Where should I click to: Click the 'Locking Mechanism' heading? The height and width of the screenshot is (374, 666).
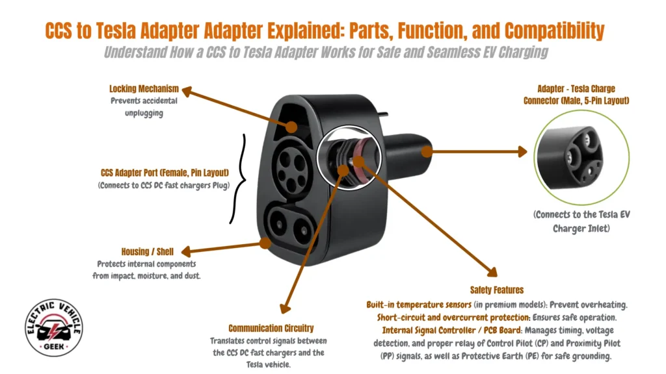click(143, 89)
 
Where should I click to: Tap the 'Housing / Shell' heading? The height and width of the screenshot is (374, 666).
click(144, 251)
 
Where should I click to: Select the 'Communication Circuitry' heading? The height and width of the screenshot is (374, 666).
click(271, 329)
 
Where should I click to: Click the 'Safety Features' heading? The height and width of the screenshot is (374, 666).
click(496, 290)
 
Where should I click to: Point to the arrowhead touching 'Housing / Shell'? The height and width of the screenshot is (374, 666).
click(183, 251)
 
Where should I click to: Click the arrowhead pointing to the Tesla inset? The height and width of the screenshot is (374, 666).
click(522, 152)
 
